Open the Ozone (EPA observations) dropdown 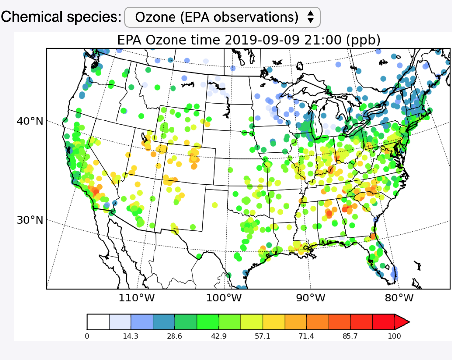click(223, 17)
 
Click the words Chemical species click(61, 17)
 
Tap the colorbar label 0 click(87, 336)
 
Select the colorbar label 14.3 click(131, 336)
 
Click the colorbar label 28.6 click(174, 336)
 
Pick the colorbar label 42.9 click(219, 336)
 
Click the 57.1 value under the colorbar click(263, 336)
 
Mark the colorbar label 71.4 click(306, 336)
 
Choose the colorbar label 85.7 click(350, 336)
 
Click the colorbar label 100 click(394, 336)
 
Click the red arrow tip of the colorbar click(403, 322)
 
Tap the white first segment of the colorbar click(98, 322)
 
